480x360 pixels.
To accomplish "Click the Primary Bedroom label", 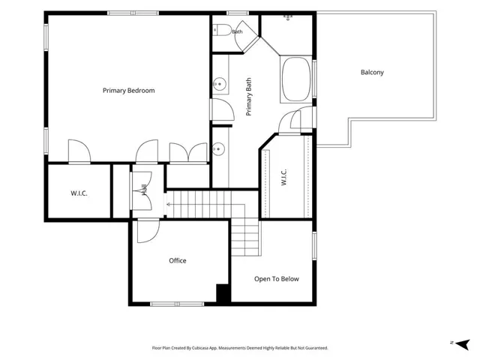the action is [128, 91].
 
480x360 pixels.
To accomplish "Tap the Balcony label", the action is [372, 73].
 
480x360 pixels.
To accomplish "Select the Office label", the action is [178, 260].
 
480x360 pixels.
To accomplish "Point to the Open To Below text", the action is [277, 279].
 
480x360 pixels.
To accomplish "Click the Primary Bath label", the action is [248, 97].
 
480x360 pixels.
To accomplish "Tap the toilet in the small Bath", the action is [222, 30].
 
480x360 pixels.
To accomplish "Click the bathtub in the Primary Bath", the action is [296, 79].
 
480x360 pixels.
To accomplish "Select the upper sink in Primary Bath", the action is [220, 84].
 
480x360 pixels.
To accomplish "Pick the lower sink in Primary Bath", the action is [218, 149].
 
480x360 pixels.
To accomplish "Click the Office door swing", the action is [148, 231].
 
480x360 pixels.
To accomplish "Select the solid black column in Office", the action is [223, 294].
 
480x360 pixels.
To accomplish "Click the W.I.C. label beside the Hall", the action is [79, 193].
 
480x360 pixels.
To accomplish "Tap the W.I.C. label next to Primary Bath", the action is [283, 177].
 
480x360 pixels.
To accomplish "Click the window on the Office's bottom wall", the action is [177, 304].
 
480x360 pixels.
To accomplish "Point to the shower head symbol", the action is [288, 17].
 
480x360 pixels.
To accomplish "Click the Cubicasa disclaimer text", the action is [240, 348].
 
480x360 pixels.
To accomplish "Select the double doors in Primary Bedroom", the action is [188, 153].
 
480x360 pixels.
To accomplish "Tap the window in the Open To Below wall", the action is [314, 246].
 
